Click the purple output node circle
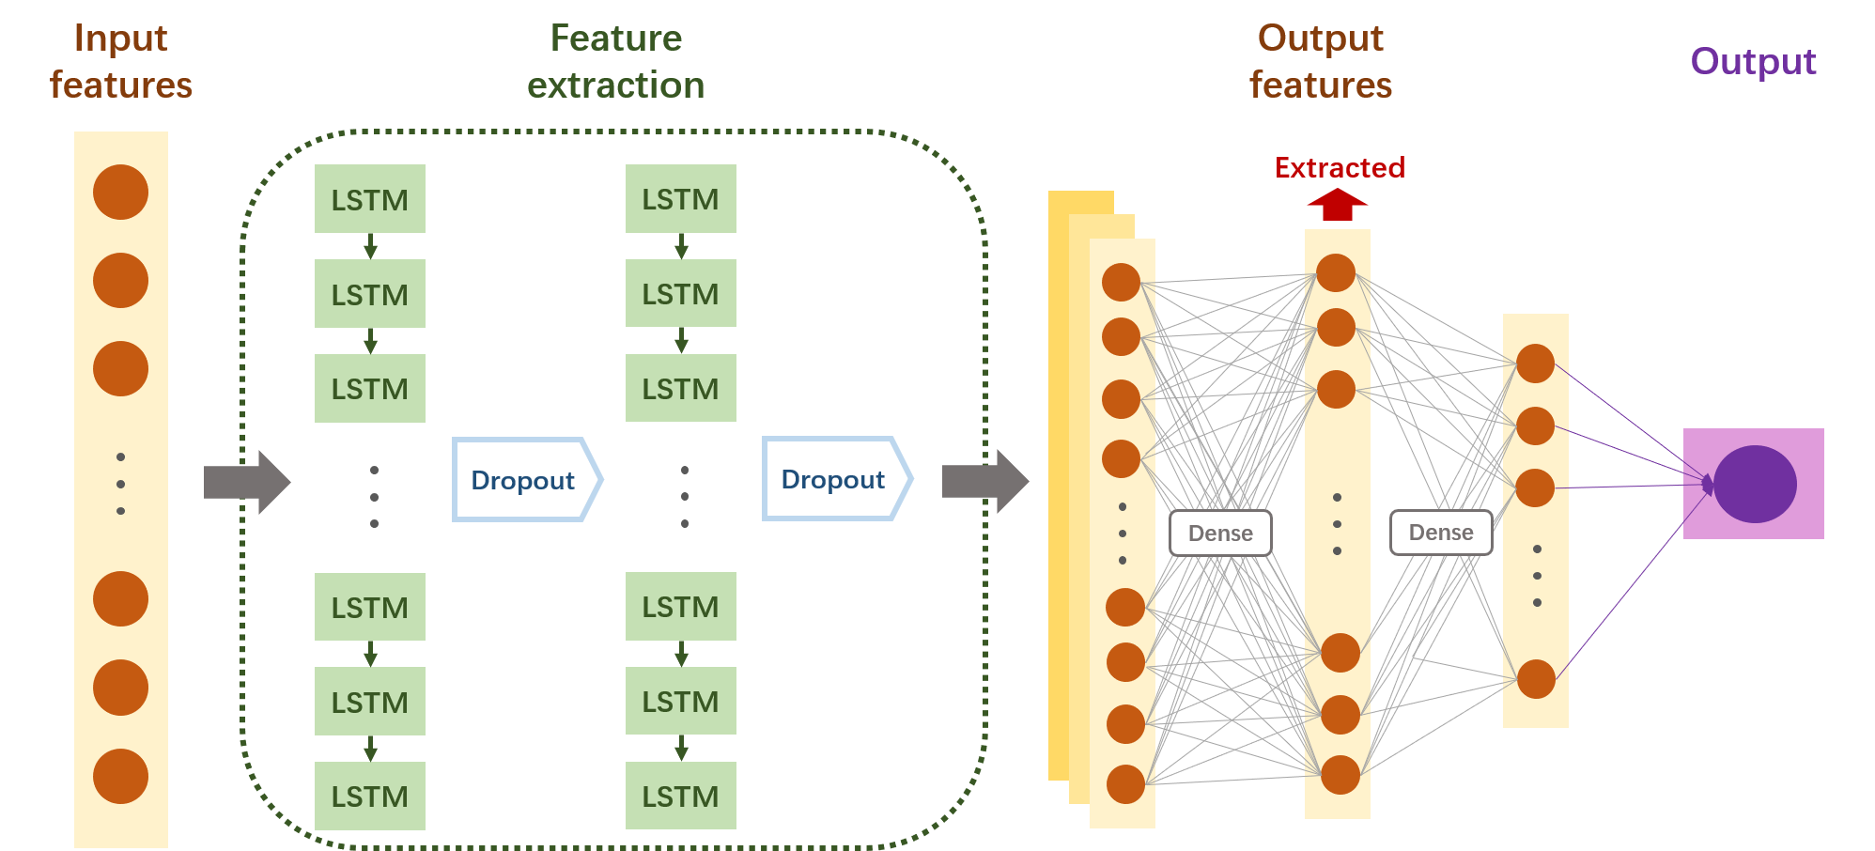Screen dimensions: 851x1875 (x=1755, y=484)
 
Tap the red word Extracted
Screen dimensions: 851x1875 (x=1340, y=168)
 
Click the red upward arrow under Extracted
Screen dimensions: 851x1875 (x=1337, y=205)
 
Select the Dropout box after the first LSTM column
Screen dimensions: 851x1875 (x=524, y=480)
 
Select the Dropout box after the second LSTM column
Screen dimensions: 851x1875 (x=834, y=479)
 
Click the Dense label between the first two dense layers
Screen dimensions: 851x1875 (x=1220, y=533)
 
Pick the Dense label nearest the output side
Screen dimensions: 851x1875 (x=1441, y=533)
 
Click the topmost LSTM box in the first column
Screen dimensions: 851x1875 (x=369, y=199)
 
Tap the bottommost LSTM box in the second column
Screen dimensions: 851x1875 (x=680, y=796)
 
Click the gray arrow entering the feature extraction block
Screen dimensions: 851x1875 (x=246, y=482)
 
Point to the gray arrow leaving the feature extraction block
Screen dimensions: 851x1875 (x=984, y=482)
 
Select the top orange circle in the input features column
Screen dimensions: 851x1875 (x=120, y=193)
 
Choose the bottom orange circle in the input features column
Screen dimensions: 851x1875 (x=120, y=776)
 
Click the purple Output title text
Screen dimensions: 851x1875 (x=1753, y=62)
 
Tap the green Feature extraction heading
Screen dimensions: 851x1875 (x=615, y=62)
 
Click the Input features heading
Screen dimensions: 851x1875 (x=120, y=62)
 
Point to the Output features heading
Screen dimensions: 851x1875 (x=1320, y=62)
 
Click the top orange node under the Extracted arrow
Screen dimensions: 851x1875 (x=1336, y=272)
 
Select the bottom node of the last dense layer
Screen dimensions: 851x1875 (x=1536, y=679)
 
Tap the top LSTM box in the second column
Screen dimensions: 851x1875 (x=680, y=199)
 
